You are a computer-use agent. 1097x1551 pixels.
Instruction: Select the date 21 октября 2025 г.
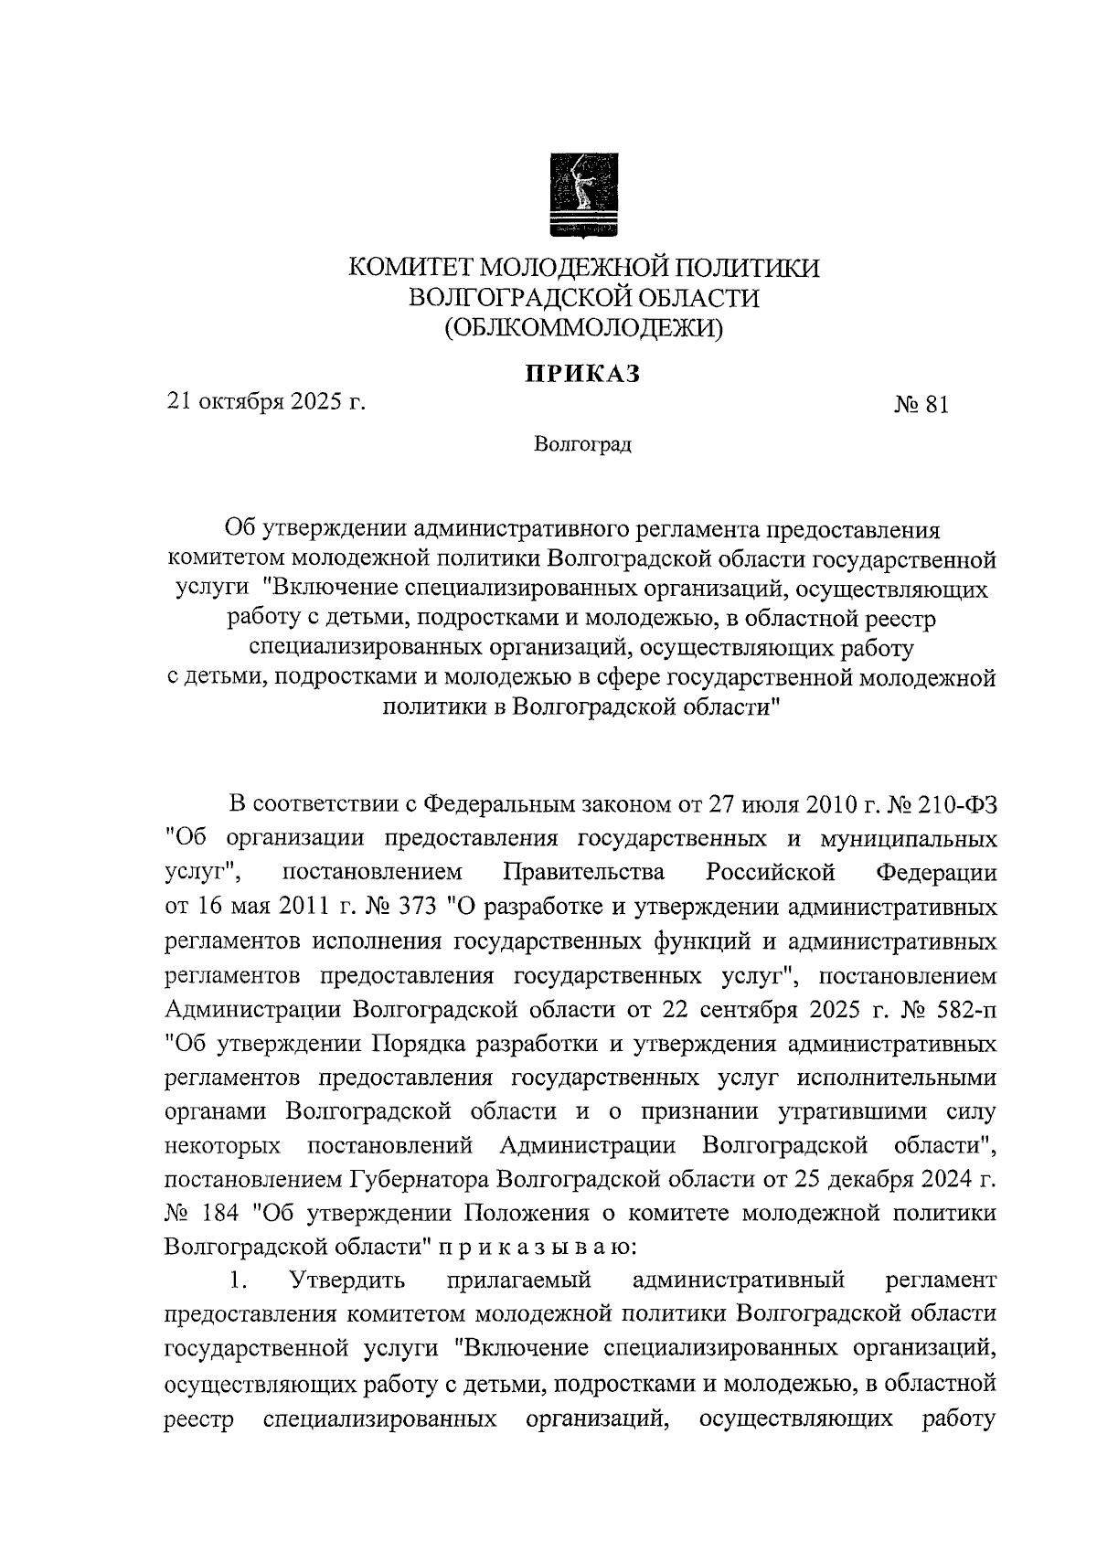(x=266, y=400)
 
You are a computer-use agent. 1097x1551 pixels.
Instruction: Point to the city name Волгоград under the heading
(x=583, y=445)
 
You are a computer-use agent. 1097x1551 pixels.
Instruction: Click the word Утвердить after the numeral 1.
(x=347, y=1280)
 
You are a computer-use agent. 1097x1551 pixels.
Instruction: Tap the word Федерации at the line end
(x=936, y=872)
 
